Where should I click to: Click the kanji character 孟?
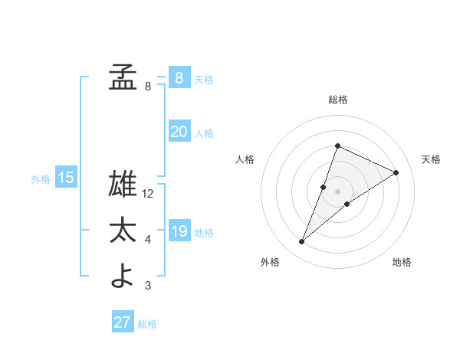[x=123, y=77]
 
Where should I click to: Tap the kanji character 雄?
[x=123, y=185]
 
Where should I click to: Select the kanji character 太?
[x=123, y=231]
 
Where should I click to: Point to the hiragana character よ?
[x=123, y=276]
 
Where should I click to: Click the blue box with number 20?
[x=179, y=132]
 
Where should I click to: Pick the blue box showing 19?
[x=179, y=231]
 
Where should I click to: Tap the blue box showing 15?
[x=66, y=178]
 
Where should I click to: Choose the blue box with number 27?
[x=122, y=322]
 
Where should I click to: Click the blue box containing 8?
[x=179, y=77]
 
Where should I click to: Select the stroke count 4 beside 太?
[x=148, y=241]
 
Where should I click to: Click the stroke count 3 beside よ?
[x=148, y=286]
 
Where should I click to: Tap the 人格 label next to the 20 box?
[x=204, y=133]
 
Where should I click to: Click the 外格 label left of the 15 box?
[x=41, y=179]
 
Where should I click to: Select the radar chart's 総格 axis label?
[x=338, y=100]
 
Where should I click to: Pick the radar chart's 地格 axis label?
[x=402, y=263]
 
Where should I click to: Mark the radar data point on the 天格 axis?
[x=396, y=172]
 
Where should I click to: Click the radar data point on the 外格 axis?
[x=302, y=242]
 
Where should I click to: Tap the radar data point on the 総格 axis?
[x=337, y=146]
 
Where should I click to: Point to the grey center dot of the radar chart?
[x=337, y=191]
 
